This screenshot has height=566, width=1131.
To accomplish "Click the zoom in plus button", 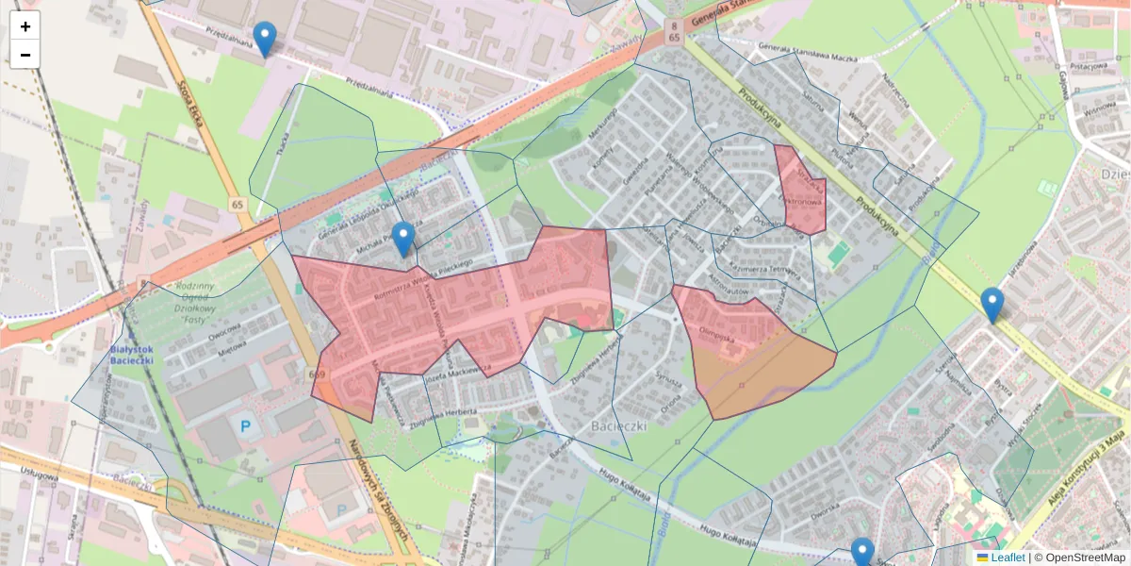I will [25, 26].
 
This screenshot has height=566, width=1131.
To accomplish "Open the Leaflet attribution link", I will [1007, 558].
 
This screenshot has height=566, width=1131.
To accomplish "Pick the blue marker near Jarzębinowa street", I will [992, 305].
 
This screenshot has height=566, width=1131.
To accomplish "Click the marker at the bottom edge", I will [862, 553].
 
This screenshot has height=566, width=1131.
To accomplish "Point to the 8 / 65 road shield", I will [673, 32].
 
